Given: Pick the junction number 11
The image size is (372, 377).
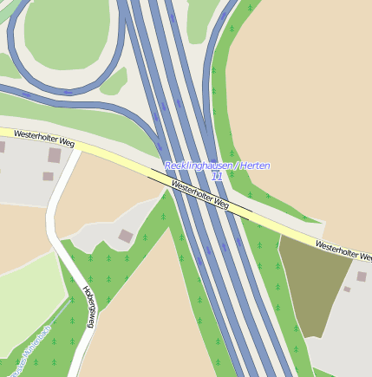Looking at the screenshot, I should (217, 176).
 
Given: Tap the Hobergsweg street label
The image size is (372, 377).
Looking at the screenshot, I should (88, 306).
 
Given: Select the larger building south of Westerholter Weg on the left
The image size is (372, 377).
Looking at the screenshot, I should (55, 156).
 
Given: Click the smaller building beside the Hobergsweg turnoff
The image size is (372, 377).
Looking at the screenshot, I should (48, 176).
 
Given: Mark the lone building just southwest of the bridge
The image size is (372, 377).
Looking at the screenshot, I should (126, 235).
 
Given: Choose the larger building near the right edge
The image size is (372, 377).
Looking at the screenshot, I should (362, 276).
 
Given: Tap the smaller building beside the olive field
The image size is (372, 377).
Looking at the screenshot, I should (347, 289).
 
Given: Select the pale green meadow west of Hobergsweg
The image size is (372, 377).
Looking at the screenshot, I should (26, 295).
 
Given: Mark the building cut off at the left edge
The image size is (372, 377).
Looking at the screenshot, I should (2, 147).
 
